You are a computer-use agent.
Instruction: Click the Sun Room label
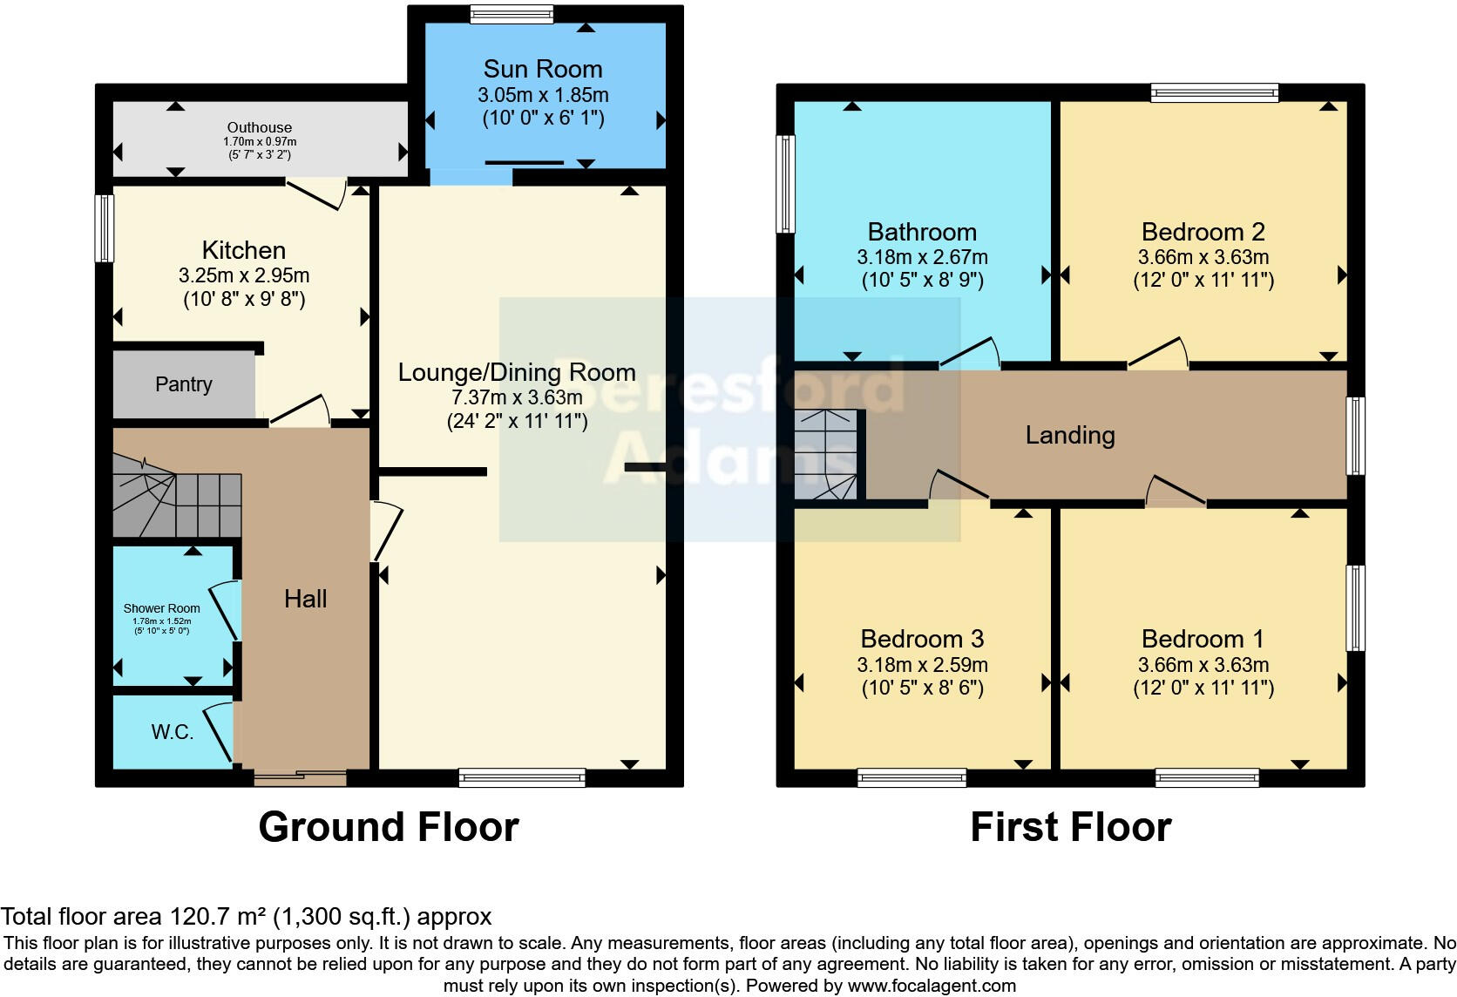coord(542,69)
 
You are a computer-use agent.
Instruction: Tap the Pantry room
coord(184,384)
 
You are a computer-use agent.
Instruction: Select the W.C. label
coord(173,732)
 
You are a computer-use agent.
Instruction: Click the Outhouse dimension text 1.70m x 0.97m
coord(260,141)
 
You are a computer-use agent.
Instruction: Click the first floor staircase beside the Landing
coord(825,456)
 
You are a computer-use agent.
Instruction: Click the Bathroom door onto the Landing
coord(969,354)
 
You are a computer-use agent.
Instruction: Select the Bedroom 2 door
coord(1158,354)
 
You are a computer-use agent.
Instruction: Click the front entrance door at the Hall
coord(300,777)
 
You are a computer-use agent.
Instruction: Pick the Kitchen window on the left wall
coord(105,227)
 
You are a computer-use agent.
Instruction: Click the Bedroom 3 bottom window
coord(911,777)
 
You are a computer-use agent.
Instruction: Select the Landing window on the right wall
coord(1355,436)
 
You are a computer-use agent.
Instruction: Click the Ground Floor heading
coord(389,826)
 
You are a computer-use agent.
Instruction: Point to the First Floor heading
coord(1070,826)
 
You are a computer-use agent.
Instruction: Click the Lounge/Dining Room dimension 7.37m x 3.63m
coord(517,397)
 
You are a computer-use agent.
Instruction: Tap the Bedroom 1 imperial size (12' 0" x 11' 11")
coord(1203,688)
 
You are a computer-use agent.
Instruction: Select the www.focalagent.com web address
coord(932,986)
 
